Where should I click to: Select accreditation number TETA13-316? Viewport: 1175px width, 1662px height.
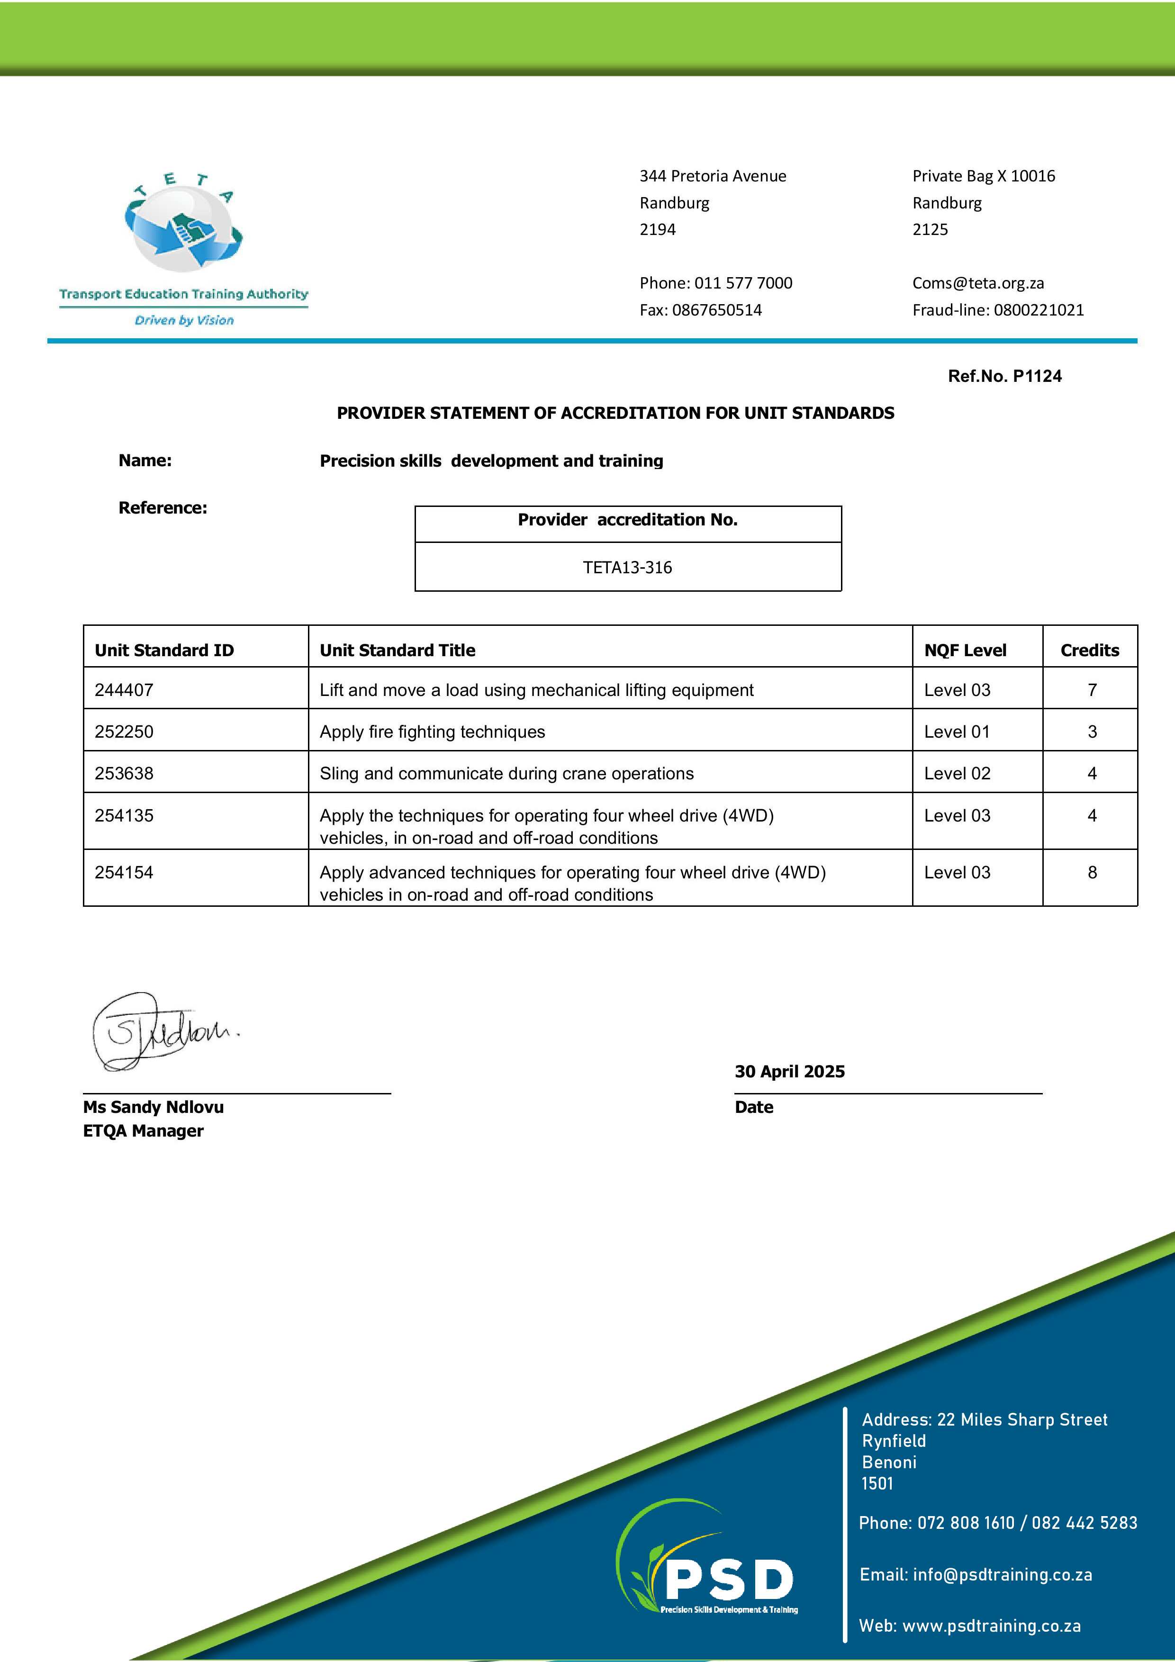point(628,568)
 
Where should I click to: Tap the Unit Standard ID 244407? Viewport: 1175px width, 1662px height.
point(124,690)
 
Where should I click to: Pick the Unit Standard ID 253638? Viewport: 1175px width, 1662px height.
point(124,773)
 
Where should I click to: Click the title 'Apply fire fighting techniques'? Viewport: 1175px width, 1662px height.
point(432,732)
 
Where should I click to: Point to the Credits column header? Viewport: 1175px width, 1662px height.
point(1090,650)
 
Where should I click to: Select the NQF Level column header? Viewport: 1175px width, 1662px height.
point(965,650)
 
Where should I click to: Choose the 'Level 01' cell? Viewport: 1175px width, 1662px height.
point(957,732)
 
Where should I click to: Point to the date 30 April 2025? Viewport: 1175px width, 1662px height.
point(790,1071)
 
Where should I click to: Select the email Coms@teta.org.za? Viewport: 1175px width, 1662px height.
point(978,283)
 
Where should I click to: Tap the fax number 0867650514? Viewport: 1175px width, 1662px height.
point(717,310)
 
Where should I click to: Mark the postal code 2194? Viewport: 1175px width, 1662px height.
point(657,229)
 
